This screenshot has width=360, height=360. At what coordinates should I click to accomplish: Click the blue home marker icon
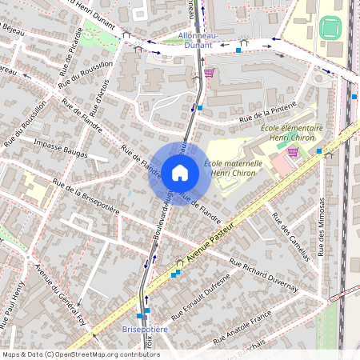pos(180,173)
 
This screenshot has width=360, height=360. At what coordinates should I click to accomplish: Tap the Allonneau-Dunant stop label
pos(193,42)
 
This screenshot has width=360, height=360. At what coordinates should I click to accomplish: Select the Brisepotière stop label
pos(144,329)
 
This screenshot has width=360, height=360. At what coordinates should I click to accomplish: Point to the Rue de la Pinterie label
pos(262,113)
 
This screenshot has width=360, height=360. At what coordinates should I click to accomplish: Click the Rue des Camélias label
pos(290,237)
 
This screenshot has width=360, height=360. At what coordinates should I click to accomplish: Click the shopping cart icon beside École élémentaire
pos(293,151)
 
